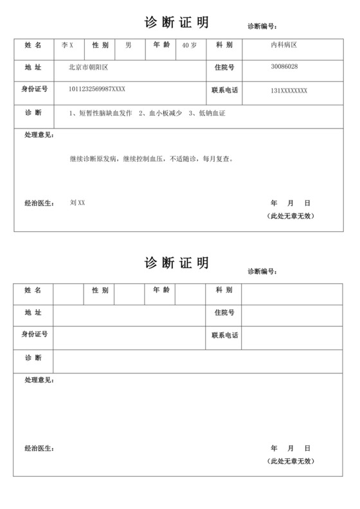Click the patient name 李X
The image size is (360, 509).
67,46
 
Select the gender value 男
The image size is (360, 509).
128,46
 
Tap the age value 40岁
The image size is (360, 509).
190,46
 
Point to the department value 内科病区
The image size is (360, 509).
283,46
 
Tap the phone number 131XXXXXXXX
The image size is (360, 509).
289,91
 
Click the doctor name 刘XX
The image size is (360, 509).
77,203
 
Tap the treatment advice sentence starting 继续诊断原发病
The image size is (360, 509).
151,158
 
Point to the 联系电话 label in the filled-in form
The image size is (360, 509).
224,91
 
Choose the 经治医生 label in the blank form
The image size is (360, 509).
39,448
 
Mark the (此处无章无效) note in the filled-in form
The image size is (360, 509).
291,216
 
